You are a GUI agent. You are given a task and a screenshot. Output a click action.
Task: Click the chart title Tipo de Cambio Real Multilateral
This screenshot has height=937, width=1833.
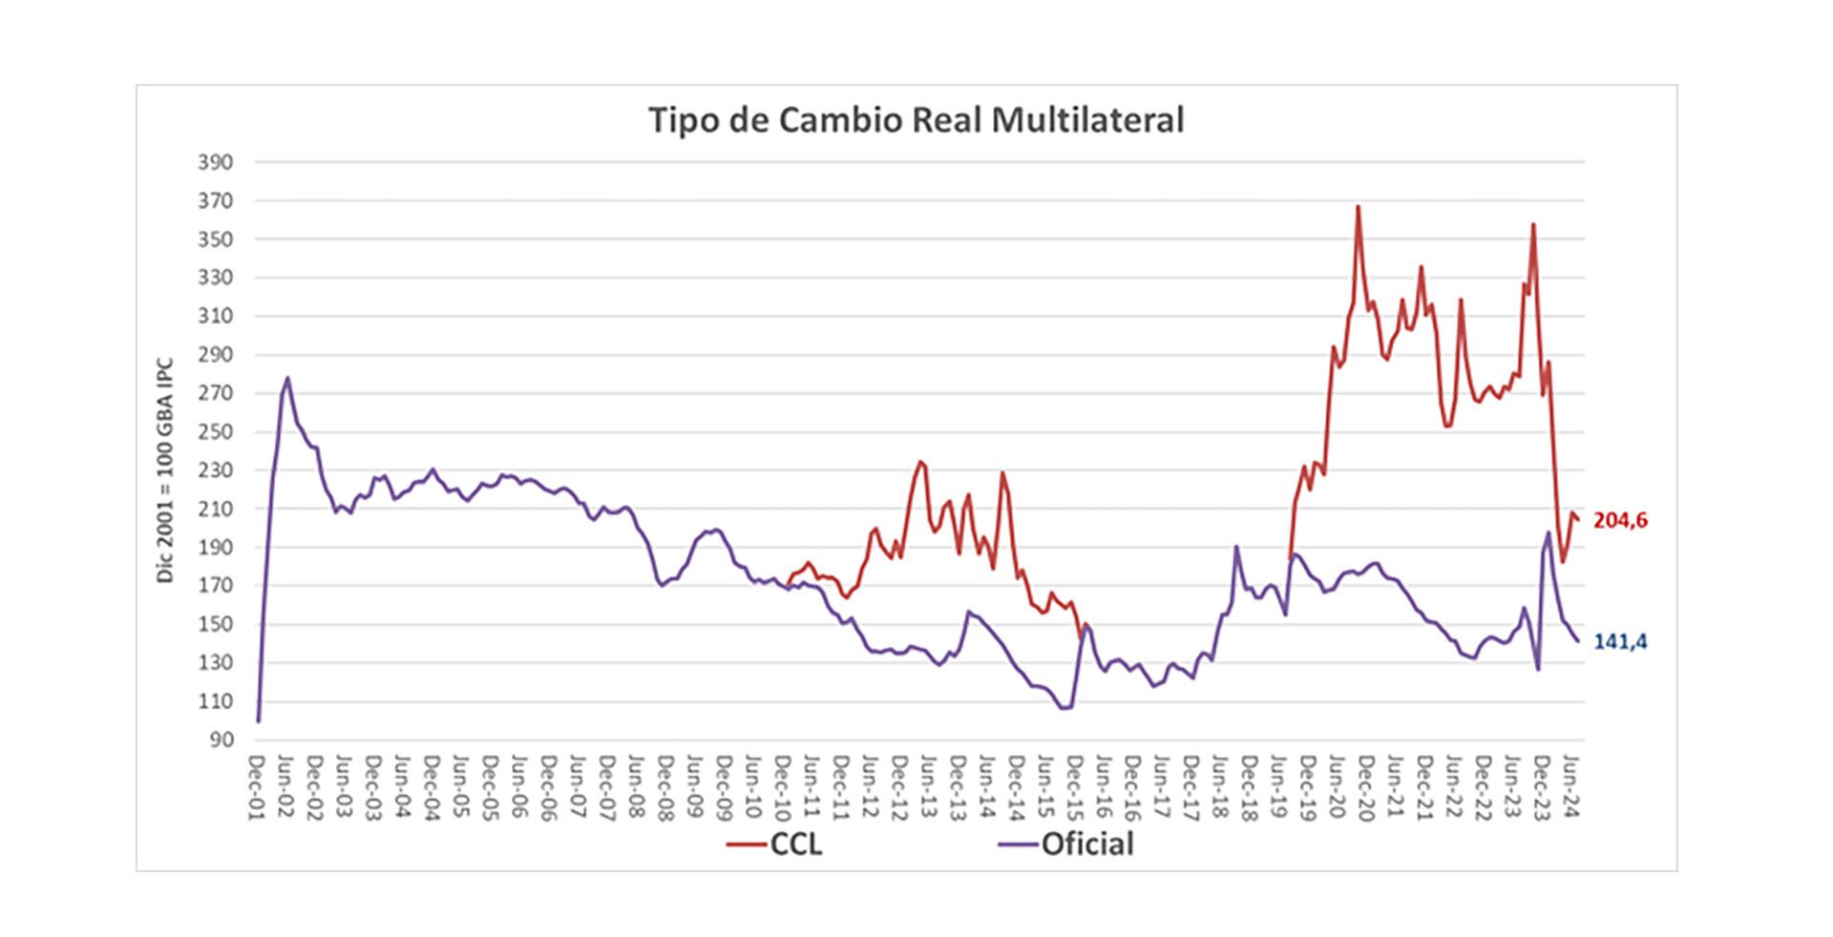point(916,120)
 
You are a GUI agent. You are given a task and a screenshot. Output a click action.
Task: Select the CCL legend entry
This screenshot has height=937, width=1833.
point(775,844)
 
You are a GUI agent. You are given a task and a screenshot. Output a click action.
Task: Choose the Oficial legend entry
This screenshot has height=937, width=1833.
point(1066,844)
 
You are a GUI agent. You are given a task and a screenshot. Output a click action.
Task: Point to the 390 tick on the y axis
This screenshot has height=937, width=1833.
point(215,162)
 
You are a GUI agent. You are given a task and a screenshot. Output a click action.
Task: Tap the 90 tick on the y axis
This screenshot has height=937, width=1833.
point(220,740)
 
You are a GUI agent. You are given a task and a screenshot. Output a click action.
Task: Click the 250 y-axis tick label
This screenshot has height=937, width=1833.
point(215,432)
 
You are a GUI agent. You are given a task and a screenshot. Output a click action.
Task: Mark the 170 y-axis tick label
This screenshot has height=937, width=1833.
point(215,586)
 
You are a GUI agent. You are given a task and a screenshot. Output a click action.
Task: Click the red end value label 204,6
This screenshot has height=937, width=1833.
point(1620,521)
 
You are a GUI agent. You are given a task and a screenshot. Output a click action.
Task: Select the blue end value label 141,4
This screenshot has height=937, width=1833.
point(1620,642)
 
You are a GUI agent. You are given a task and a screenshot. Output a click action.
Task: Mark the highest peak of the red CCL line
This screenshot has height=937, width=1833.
point(1358,206)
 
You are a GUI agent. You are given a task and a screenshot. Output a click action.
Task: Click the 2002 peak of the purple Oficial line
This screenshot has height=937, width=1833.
point(287,378)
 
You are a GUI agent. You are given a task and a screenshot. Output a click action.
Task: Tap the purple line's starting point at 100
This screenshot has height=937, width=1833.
point(258,720)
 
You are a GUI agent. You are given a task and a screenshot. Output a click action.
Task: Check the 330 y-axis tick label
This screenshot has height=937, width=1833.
point(215,278)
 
